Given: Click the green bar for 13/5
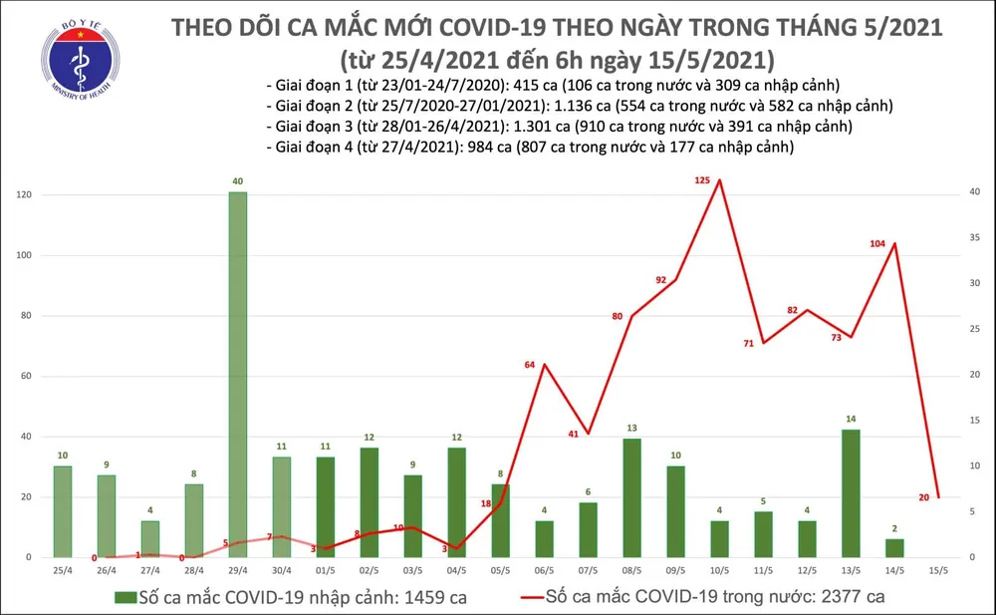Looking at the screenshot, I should pos(851,493).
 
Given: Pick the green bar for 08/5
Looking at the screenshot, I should pos(631,497).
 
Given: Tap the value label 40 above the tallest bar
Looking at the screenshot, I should pos(238,181).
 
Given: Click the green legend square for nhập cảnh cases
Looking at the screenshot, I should pos(123,597).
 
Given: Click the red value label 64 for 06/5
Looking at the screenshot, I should pos(531,366).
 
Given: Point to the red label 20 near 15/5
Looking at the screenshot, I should pos(924,496).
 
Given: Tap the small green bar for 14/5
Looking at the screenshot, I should pos(894,547).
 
